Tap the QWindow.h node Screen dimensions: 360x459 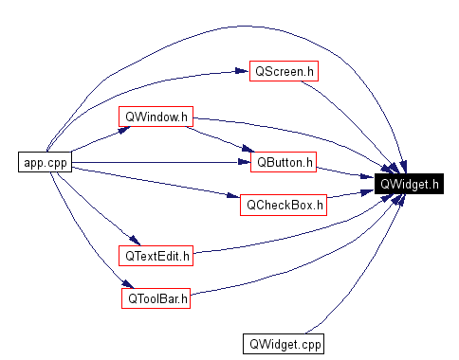[156, 117]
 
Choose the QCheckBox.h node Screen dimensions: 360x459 [284, 205]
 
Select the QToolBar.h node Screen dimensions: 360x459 [156, 298]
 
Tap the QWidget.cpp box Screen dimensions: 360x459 [283, 343]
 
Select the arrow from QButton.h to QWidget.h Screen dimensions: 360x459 [341, 172]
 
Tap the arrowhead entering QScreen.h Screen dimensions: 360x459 [242, 72]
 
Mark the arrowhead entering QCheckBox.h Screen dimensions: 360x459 [233, 197]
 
